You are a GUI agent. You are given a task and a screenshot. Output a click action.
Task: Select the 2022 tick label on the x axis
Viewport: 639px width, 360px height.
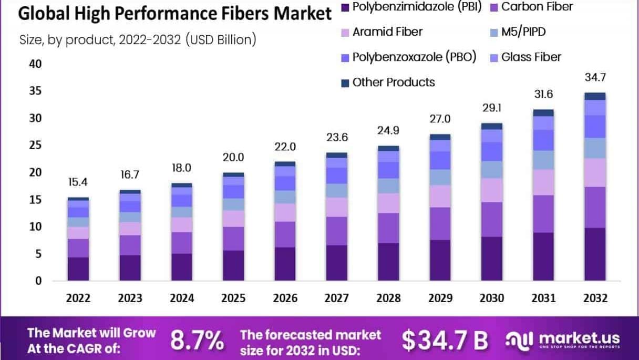78,298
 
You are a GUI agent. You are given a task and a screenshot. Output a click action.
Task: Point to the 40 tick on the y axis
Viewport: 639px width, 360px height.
35,64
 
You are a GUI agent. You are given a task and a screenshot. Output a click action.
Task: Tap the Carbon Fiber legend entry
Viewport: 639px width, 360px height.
537,7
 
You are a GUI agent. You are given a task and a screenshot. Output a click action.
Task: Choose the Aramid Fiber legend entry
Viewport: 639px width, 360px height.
387,32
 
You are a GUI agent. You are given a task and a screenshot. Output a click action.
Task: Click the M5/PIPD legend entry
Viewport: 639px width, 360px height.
523,32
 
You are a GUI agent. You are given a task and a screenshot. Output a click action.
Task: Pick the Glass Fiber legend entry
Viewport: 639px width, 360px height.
531,57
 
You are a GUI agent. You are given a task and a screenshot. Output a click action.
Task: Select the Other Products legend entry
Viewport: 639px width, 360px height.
393,82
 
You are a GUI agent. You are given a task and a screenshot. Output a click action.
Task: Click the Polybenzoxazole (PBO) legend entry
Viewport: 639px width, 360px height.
414,57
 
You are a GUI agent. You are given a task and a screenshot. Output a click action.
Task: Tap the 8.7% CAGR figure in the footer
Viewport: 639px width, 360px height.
197,341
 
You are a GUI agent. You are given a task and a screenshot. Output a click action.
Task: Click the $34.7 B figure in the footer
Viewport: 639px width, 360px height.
445,341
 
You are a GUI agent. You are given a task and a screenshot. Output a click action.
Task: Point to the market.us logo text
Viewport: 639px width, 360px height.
579,338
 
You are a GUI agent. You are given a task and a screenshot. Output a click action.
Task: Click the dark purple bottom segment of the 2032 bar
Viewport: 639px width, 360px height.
595,254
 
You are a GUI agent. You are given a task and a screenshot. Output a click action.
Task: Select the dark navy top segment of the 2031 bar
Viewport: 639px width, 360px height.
543,112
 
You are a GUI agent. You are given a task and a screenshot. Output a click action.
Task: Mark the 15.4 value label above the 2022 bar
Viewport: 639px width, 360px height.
78,183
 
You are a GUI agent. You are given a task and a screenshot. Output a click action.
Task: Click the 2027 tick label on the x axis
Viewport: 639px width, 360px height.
336,298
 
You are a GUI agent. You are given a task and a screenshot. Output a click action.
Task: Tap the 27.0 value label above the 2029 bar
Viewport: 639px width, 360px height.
440,119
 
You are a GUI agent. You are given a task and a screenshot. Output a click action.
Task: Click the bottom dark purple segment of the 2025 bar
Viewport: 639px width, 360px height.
233,265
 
